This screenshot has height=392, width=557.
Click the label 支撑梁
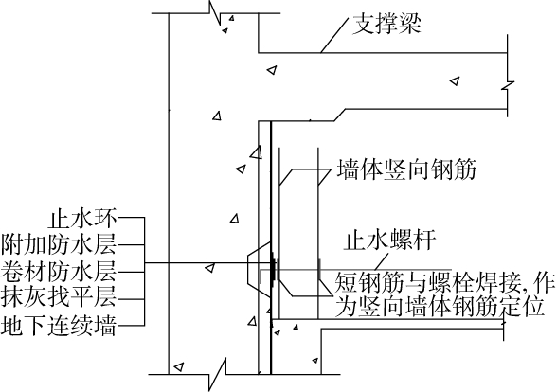point(386,25)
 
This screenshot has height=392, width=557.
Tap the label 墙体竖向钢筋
point(406,169)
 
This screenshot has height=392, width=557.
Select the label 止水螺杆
point(389,241)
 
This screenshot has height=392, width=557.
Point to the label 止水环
point(82,218)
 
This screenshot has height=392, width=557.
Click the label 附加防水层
point(59,244)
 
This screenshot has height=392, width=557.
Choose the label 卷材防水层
point(59,272)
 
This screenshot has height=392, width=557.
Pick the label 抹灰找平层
point(59,297)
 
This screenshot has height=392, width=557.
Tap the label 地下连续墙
point(59,325)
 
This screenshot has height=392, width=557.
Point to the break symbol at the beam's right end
point(508,85)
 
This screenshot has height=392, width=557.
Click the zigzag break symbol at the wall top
point(215,13)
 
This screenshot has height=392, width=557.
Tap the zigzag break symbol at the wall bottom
point(218,374)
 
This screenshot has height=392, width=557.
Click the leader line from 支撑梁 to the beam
point(333,36)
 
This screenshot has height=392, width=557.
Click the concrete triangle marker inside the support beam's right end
point(455,81)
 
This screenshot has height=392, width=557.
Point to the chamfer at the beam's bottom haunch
point(339,115)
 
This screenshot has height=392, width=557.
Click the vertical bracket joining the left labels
point(144,271)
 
